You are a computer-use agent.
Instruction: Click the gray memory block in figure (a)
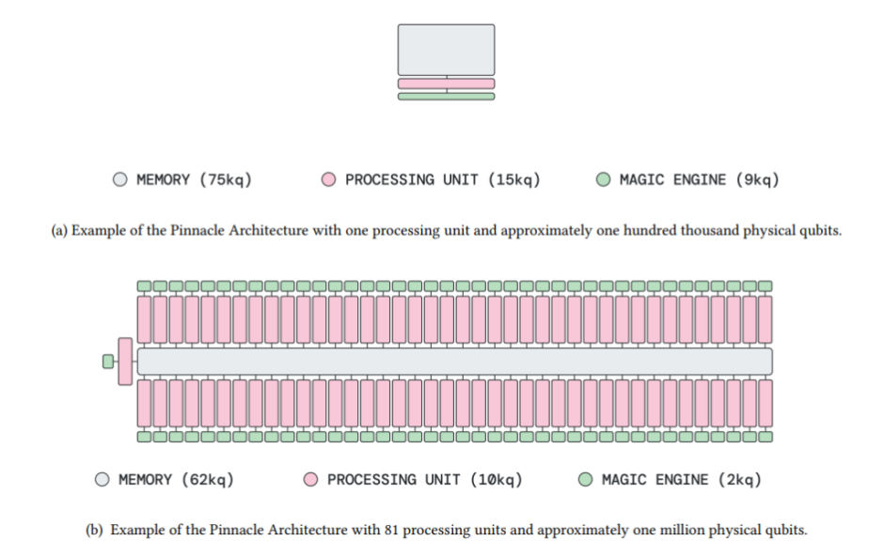pyautogui.click(x=446, y=50)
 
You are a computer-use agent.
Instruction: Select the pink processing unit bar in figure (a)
pyautogui.click(x=446, y=84)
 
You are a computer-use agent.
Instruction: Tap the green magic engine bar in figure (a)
pyautogui.click(x=446, y=97)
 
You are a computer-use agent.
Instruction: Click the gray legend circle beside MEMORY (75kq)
pyautogui.click(x=120, y=179)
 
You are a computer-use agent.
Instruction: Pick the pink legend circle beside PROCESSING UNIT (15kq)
pyautogui.click(x=329, y=179)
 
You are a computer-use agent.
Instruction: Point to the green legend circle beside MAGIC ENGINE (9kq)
pyautogui.click(x=603, y=179)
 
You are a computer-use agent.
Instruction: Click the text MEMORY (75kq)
pyautogui.click(x=194, y=180)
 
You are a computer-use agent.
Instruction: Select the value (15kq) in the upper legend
pyautogui.click(x=514, y=180)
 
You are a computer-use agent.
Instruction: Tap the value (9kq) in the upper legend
pyautogui.click(x=758, y=180)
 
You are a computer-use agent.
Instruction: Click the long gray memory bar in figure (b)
pyautogui.click(x=455, y=362)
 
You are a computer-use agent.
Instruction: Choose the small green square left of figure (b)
pyautogui.click(x=108, y=362)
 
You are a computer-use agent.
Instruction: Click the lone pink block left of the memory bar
pyautogui.click(x=125, y=362)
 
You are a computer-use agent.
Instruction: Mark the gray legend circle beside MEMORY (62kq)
pyautogui.click(x=103, y=480)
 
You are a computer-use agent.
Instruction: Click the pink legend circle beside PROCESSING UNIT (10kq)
pyautogui.click(x=310, y=480)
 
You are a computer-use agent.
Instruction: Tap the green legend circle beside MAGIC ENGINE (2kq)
pyautogui.click(x=586, y=480)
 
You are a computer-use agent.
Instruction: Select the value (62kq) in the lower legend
pyautogui.click(x=208, y=480)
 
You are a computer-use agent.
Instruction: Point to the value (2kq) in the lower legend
pyautogui.click(x=740, y=480)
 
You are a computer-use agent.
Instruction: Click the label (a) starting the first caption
pyautogui.click(x=59, y=231)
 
